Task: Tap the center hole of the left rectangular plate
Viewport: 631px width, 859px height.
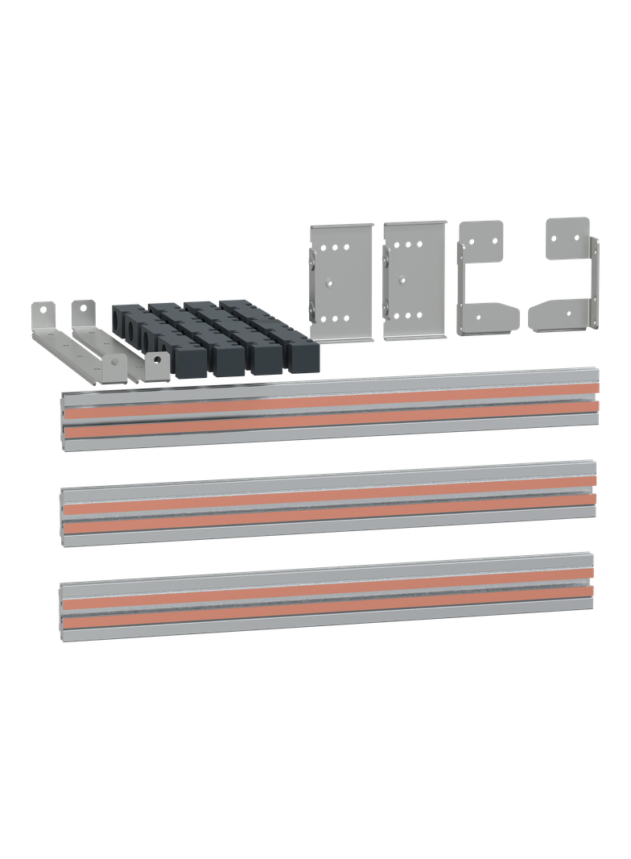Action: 329,283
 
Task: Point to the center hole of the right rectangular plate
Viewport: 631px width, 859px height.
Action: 402,282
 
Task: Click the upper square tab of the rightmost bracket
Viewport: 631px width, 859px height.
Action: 567,237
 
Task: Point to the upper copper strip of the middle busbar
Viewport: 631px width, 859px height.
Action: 330,493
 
